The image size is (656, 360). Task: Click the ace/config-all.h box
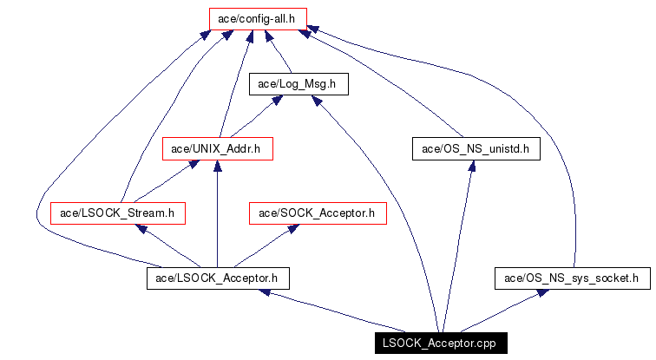click(x=257, y=17)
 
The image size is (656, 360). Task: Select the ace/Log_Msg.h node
click(x=298, y=83)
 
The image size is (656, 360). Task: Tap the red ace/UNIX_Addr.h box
click(x=218, y=148)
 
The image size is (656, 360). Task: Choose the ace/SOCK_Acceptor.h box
click(x=317, y=213)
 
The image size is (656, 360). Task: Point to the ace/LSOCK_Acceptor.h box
click(x=217, y=278)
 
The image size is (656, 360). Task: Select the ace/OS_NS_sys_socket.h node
click(x=572, y=278)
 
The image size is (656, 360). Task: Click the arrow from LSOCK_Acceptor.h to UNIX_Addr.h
click(x=217, y=217)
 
